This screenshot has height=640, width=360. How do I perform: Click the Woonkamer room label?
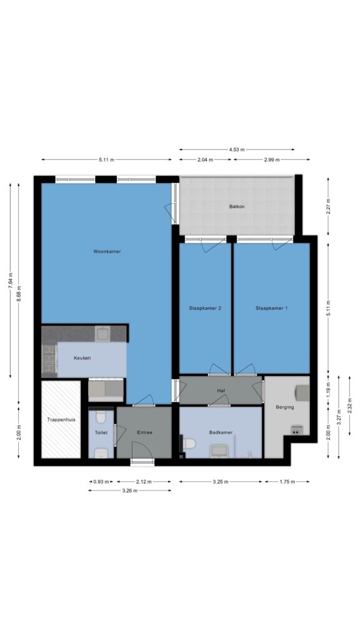(x=107, y=251)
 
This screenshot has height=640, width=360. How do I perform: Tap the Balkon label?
(x=237, y=206)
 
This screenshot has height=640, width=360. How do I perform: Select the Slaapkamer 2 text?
(x=205, y=308)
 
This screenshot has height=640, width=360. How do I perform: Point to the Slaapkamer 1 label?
(x=271, y=308)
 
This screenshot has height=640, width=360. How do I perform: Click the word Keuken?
(x=82, y=358)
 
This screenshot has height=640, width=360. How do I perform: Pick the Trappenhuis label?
(x=61, y=419)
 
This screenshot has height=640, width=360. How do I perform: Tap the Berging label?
(x=284, y=407)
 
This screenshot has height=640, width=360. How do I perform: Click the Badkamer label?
(x=221, y=432)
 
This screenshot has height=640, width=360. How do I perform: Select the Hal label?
(x=221, y=391)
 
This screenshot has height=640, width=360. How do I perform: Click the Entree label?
(x=144, y=432)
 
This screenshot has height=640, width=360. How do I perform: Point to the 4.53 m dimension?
(x=237, y=149)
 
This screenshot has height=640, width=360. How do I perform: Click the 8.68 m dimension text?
(x=18, y=294)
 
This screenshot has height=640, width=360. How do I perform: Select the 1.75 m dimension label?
(x=287, y=482)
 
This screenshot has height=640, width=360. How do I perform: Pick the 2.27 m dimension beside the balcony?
(x=328, y=206)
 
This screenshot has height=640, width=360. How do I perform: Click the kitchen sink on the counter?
(x=102, y=334)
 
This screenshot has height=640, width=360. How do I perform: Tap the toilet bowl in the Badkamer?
(x=189, y=443)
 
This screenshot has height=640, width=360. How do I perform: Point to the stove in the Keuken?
(x=49, y=359)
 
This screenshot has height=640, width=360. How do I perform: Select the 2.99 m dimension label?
(x=271, y=159)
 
